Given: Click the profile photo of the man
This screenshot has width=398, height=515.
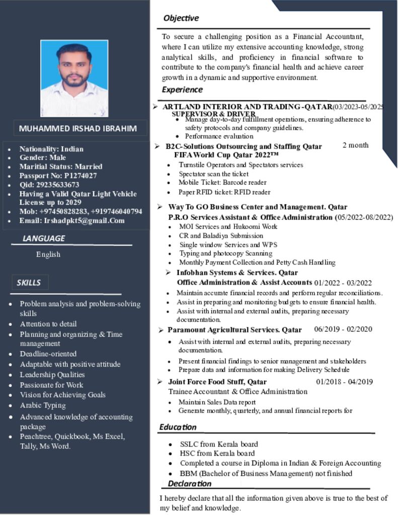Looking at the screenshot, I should (x=74, y=78).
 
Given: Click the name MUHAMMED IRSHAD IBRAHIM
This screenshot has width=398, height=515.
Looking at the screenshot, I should (x=77, y=128).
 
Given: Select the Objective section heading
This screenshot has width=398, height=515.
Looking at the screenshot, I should (x=181, y=18).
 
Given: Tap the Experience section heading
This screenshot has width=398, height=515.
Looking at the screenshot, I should (x=182, y=90).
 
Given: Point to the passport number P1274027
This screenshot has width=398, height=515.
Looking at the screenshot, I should (x=79, y=176).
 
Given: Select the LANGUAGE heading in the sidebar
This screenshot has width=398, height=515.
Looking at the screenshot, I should (x=44, y=238).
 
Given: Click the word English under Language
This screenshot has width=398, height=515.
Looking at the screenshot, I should (x=48, y=254).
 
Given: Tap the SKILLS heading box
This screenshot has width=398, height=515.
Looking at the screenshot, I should (x=29, y=282).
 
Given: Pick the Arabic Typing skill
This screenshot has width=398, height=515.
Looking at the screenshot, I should (x=43, y=405).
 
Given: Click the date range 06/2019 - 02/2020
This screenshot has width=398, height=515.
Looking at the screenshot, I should (x=343, y=329).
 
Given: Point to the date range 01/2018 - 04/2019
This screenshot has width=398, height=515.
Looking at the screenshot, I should (x=345, y=382).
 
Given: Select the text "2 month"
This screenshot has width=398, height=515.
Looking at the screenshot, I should (x=356, y=145).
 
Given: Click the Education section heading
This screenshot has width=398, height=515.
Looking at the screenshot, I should (x=178, y=427).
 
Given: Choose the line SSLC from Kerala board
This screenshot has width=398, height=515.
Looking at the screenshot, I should (x=219, y=444).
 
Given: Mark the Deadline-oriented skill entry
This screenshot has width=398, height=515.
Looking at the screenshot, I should (x=48, y=354).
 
